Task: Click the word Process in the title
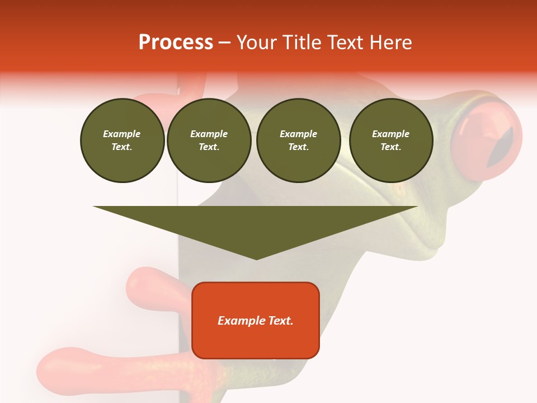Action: click(176, 43)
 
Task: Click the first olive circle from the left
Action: click(122, 140)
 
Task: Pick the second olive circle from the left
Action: click(209, 140)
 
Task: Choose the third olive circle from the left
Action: click(298, 140)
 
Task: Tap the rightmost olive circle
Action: click(390, 140)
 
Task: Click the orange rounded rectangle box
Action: click(256, 320)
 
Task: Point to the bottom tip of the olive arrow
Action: click(256, 259)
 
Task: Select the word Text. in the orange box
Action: click(280, 321)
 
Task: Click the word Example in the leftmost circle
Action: click(122, 134)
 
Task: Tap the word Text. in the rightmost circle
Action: click(390, 147)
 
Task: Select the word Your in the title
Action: click(255, 43)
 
